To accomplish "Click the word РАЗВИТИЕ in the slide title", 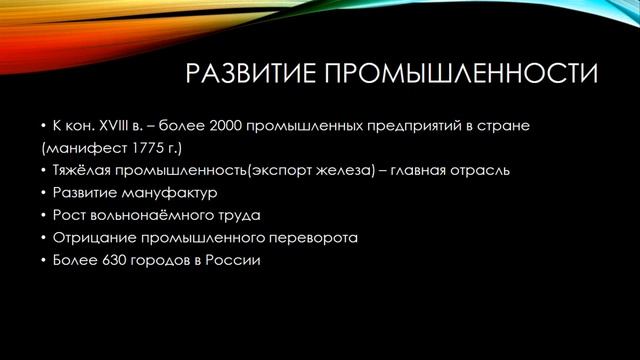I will [236, 75].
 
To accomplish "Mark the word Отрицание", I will [93, 238].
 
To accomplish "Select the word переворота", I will [313, 238].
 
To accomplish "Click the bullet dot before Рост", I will [44, 215].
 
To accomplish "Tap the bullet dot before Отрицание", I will [44, 238].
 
